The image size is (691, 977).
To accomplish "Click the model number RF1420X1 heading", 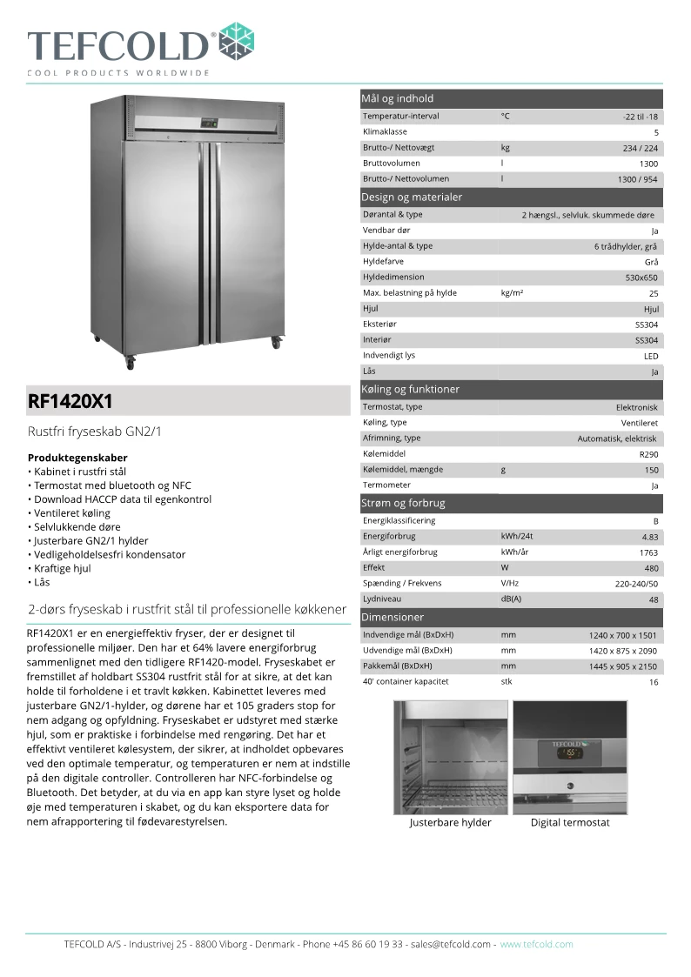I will (70, 401).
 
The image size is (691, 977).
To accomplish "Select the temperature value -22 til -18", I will (640, 117).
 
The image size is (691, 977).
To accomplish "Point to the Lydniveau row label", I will (383, 599).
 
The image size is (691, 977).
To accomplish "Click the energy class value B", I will (655, 521).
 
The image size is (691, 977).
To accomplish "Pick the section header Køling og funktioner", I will (410, 389).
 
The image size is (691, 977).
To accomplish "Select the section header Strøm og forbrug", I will (403, 503).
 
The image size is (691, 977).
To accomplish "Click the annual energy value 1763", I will (648, 552).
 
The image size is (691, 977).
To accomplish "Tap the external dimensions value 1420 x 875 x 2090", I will (623, 651).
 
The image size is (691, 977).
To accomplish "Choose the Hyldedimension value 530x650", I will (641, 278).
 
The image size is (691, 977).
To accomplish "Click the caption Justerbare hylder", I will (450, 822).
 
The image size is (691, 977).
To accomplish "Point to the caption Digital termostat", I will (570, 822).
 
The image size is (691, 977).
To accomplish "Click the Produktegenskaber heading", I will (77, 458).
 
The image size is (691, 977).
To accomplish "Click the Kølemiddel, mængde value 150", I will (651, 470).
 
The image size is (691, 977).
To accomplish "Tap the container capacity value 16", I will (653, 683).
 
